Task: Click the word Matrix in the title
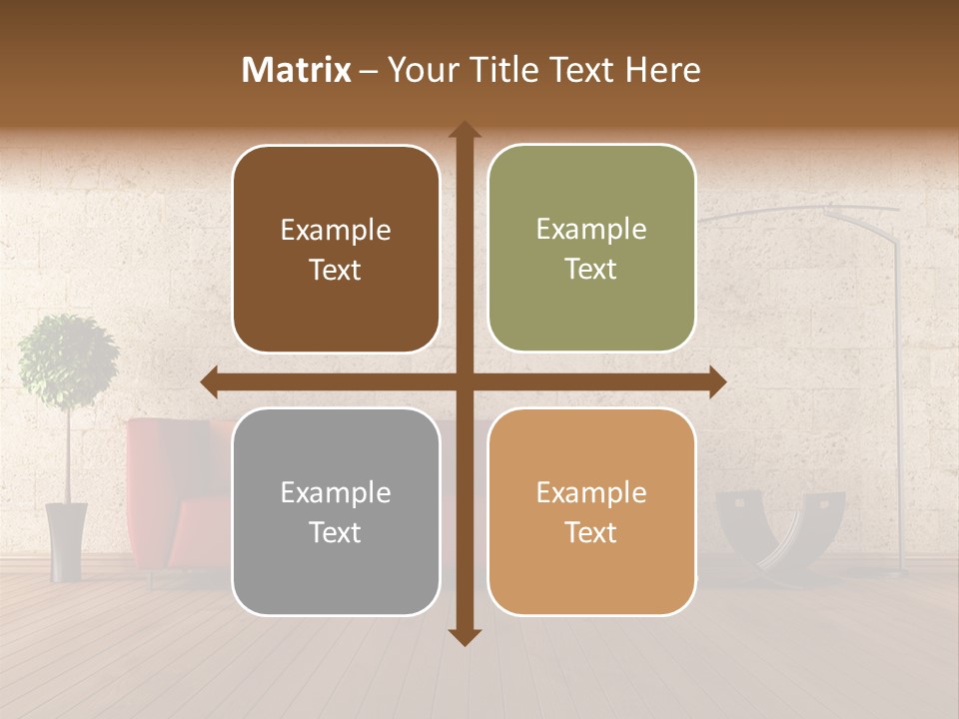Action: tap(296, 70)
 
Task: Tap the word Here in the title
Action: tap(662, 70)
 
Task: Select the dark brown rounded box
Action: tap(336, 250)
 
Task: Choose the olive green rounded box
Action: tap(591, 249)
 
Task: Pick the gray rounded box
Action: tap(336, 511)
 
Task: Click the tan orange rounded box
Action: tap(591, 511)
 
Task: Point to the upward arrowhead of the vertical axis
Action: tap(465, 129)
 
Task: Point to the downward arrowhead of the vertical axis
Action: tap(465, 637)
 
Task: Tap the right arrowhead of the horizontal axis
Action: tap(717, 381)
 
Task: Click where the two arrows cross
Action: tap(465, 381)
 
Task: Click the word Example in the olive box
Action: tap(591, 230)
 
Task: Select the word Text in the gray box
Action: tap(336, 532)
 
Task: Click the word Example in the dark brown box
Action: tap(336, 231)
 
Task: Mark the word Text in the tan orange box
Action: tap(591, 532)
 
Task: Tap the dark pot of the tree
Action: tap(67, 541)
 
